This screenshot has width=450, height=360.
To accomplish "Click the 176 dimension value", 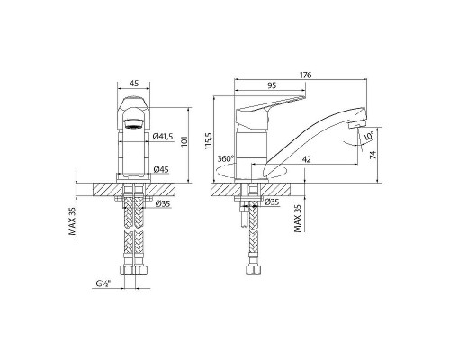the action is point(306,75).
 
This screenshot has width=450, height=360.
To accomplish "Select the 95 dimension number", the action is point(272,85).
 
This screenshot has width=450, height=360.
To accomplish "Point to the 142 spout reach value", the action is point(305,159).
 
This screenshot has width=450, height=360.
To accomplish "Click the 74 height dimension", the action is point(373,155).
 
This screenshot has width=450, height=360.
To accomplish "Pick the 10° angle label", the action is point(368,137).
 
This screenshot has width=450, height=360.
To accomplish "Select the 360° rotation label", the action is point(226,158).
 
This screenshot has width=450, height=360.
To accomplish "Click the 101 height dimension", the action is point(184,141).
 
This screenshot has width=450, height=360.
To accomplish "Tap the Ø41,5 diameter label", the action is point(163,137).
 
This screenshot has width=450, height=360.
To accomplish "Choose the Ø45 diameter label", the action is point(161,169).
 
